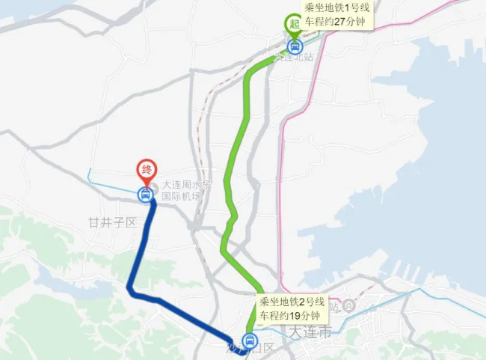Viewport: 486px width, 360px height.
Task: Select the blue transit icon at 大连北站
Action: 294,45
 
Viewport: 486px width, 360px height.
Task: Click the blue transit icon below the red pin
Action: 144,196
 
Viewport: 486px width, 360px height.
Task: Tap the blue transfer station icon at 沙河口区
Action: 250,338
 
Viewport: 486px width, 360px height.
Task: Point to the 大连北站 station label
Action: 293,57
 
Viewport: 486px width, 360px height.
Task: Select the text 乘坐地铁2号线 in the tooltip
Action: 292,302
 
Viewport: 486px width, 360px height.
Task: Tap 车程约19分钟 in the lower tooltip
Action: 292,316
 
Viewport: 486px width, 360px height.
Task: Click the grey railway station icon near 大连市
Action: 348,306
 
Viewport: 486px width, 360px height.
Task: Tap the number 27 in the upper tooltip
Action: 340,21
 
